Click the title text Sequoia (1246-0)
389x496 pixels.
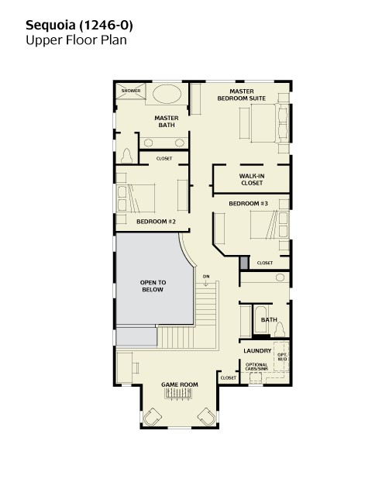coord(79,26)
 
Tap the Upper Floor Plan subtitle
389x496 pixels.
coord(76,40)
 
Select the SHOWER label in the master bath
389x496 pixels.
coord(131,91)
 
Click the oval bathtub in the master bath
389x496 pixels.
coord(167,94)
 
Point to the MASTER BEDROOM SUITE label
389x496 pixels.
coord(242,95)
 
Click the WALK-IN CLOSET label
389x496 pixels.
coord(252,179)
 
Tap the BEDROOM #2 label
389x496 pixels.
coord(156,222)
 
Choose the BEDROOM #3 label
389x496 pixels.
coord(248,203)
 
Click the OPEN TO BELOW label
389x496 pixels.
coord(153,286)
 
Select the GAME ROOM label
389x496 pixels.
coord(180,384)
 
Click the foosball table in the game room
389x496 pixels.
coord(178,394)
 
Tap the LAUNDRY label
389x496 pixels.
coord(257,350)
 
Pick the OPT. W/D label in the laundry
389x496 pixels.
coord(282,356)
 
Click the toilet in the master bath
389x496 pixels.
coord(127,156)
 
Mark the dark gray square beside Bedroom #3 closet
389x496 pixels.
coord(244,263)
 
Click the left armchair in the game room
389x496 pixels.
coord(152,417)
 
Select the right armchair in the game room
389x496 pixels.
coord(207,417)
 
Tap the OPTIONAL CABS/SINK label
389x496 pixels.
coord(256,367)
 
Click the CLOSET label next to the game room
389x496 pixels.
coord(229,377)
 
